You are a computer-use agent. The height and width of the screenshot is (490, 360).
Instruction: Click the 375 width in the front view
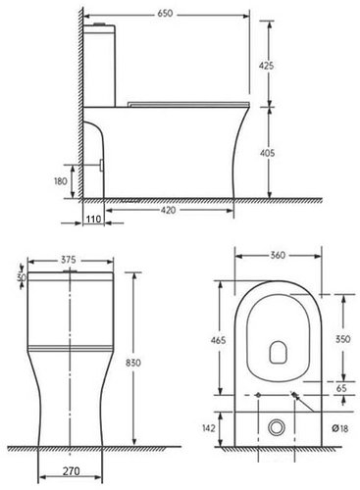pos(69,261)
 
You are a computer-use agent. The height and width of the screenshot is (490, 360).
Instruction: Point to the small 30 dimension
pos(20,277)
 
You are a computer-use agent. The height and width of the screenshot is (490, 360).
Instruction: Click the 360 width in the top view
pos(278,256)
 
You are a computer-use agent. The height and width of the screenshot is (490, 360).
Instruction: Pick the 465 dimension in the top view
pos(217,340)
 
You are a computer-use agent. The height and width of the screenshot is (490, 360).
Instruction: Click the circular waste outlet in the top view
pos(279,426)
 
